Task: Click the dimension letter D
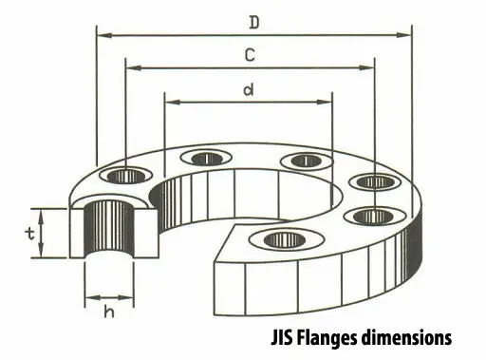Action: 254,23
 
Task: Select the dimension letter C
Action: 250,55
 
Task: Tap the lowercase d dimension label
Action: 249,90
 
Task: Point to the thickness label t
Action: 30,234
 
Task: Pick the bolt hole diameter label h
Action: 109,312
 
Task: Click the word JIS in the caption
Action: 282,338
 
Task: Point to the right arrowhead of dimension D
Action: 404,35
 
